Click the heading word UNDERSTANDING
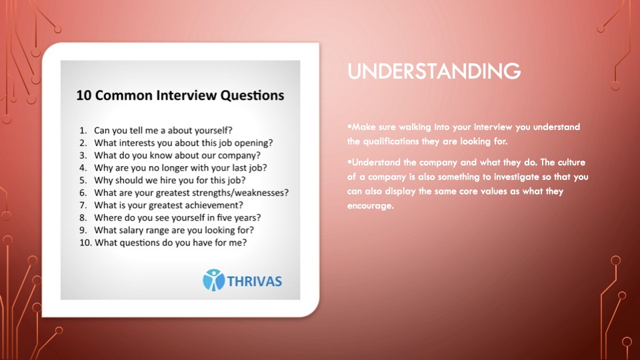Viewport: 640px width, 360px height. coord(434,71)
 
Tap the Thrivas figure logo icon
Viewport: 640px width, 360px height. coord(214,280)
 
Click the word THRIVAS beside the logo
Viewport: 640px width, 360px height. coord(254,281)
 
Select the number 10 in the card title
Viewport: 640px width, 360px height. coord(84,95)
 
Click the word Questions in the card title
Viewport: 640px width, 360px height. coord(252,95)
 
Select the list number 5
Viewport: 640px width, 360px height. coord(83,181)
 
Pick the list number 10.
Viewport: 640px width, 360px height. coord(85,243)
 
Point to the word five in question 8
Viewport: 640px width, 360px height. coord(225,217)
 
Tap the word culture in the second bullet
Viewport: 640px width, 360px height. coord(571,163)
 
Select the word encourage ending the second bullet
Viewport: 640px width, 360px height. coord(371,206)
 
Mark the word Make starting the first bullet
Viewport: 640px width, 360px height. coord(364,127)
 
